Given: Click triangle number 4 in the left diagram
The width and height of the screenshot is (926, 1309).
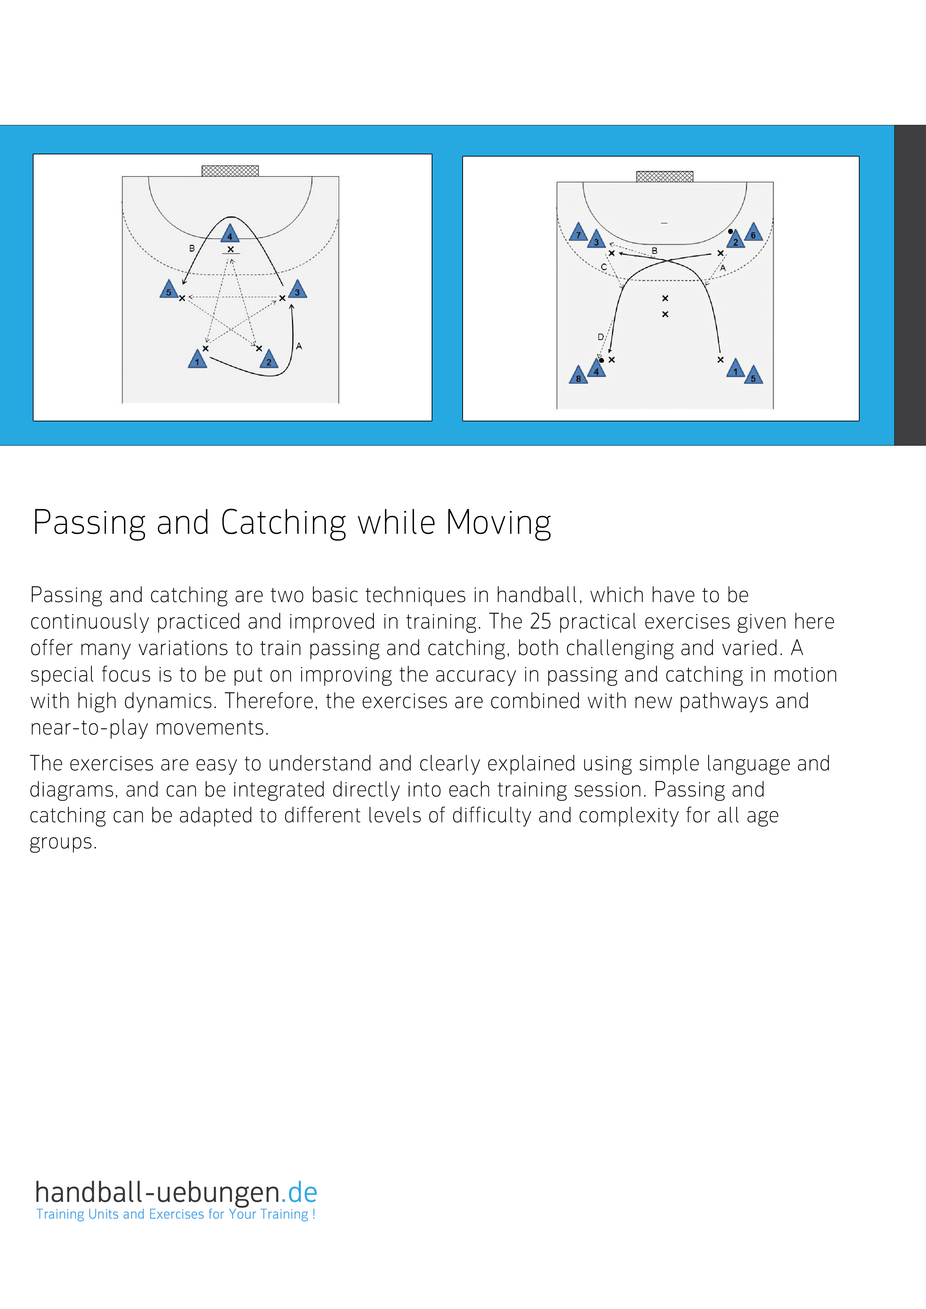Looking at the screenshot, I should tap(230, 234).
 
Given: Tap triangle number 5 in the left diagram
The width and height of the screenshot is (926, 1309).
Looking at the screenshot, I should tap(169, 290).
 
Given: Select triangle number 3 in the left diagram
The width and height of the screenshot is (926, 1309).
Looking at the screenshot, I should tap(297, 290).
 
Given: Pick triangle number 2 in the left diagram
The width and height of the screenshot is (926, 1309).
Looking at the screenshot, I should tap(268, 360).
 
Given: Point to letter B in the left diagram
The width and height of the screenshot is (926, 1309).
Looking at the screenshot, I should tap(192, 249).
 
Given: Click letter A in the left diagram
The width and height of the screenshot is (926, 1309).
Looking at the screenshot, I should tap(299, 346).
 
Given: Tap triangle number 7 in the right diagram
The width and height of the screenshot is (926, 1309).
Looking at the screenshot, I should tap(578, 233).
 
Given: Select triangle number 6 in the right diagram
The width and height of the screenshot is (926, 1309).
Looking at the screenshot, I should tap(753, 233).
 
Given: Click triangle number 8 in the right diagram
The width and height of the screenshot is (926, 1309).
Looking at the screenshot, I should tap(578, 376).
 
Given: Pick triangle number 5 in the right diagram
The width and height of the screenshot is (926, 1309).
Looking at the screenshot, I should tap(753, 376).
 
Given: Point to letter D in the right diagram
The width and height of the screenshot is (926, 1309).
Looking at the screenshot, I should tap(600, 337).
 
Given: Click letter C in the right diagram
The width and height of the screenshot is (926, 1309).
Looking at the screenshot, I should tap(604, 267).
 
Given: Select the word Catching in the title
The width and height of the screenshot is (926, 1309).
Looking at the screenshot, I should tap(283, 523).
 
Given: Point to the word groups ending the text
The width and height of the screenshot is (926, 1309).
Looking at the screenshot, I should tap(63, 842).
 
